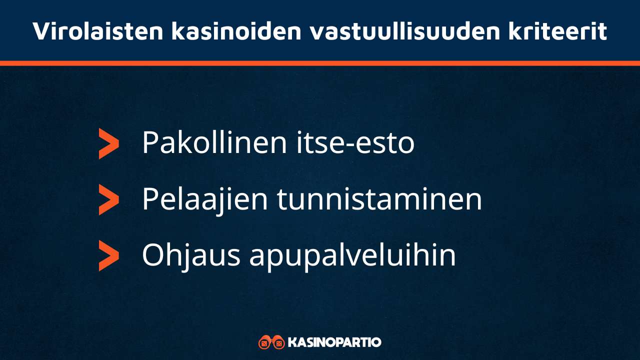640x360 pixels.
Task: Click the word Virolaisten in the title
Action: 97,31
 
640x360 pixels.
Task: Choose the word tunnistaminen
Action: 379,199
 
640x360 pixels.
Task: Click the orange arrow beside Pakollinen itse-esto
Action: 108,143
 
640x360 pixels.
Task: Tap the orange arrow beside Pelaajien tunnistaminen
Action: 108,199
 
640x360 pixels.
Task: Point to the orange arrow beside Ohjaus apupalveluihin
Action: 108,255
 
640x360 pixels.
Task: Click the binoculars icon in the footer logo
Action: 271,342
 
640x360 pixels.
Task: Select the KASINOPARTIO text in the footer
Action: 335,342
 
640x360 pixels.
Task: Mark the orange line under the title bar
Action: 320,63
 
